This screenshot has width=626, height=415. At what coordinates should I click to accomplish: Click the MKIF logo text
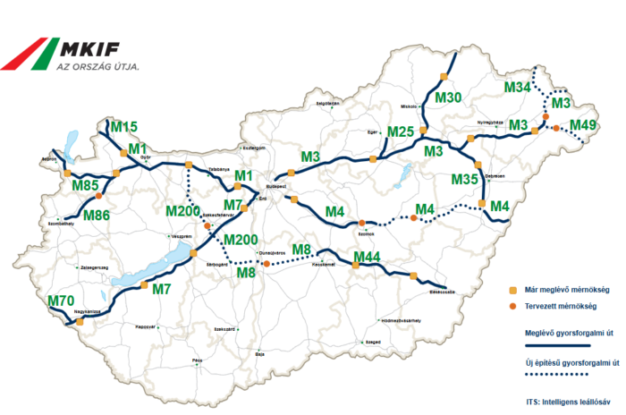[x=97, y=48]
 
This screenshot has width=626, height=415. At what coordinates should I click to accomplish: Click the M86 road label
[x=97, y=216]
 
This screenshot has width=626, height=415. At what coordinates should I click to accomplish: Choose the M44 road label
[x=368, y=258]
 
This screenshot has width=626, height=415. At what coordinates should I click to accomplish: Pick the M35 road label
[x=465, y=180]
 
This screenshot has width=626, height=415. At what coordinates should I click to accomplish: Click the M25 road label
[x=401, y=132]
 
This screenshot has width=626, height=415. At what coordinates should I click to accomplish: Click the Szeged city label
[x=374, y=342]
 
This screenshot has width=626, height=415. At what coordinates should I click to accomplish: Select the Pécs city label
[x=198, y=360]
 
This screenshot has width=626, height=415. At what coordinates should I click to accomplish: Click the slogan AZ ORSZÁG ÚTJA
[x=97, y=66]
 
